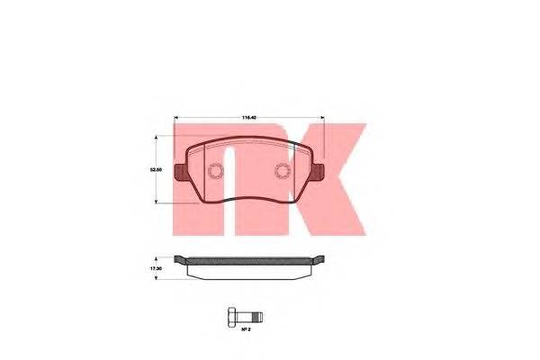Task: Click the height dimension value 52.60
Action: pyautogui.click(x=156, y=167)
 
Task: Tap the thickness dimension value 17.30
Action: pyautogui.click(x=156, y=268)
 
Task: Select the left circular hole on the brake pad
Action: pyautogui.click(x=215, y=174)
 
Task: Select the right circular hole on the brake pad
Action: pyautogui.click(x=282, y=174)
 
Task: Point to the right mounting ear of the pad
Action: pyautogui.click(x=319, y=168)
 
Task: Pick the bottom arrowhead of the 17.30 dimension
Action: pyautogui.click(x=158, y=276)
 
